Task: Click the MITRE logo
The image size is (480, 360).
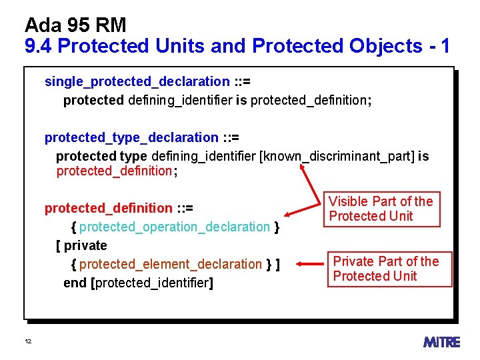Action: point(441,342)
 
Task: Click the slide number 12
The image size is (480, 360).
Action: point(28,342)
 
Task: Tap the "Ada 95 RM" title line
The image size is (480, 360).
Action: point(75,25)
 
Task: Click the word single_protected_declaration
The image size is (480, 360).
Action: point(137,81)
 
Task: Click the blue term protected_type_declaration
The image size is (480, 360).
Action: point(131,137)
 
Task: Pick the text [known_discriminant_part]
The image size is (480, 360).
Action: point(337,156)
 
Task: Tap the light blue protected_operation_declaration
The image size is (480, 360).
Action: point(175,227)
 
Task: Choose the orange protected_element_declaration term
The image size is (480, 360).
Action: point(171,264)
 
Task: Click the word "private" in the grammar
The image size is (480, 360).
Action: point(85,245)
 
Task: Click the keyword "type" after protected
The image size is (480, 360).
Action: point(133,156)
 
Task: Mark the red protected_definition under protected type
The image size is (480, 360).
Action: point(114,171)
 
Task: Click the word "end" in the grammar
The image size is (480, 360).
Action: point(75,283)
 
